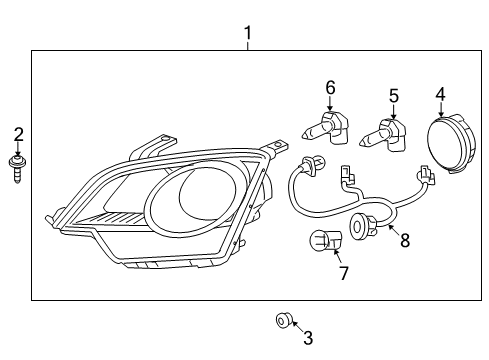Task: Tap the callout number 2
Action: pyautogui.click(x=16, y=134)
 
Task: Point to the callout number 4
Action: pyautogui.click(x=439, y=95)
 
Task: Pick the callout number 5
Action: pyautogui.click(x=393, y=96)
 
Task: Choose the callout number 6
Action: pyautogui.click(x=329, y=88)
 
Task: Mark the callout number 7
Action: pyautogui.click(x=342, y=273)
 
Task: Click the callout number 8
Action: pyautogui.click(x=404, y=240)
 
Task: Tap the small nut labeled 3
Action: pyautogui.click(x=283, y=321)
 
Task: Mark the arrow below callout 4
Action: pyautogui.click(x=439, y=110)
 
